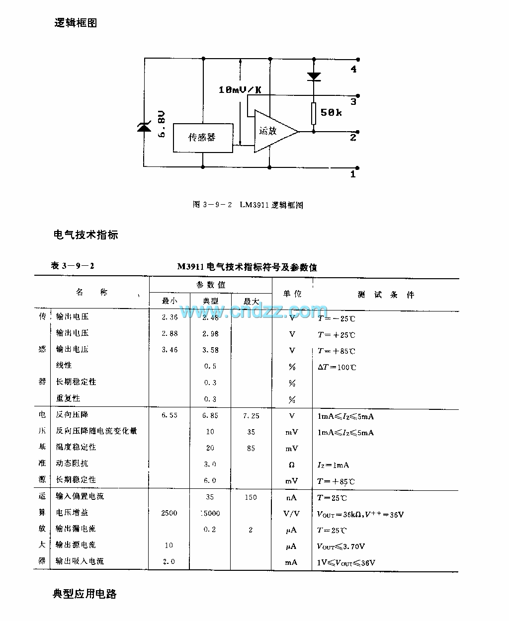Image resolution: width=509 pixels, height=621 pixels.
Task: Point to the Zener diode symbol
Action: [144, 127]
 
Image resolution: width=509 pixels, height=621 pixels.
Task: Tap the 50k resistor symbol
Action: [314, 113]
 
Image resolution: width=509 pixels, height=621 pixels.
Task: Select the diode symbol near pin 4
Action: [314, 77]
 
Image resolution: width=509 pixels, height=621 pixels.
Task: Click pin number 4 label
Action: [353, 70]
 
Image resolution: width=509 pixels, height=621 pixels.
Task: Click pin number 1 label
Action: [353, 174]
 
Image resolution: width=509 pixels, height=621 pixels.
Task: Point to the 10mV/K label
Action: [240, 90]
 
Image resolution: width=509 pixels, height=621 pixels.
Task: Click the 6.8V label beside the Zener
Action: [162, 124]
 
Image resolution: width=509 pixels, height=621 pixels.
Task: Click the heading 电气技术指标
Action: [85, 235]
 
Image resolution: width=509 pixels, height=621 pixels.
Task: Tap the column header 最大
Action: [251, 301]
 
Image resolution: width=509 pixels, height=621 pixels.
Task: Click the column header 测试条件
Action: [386, 295]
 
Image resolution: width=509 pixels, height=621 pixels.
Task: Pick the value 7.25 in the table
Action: [251, 416]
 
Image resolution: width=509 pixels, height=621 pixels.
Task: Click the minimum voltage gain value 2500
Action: [169, 513]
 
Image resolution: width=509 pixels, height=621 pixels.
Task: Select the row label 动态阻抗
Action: [72, 464]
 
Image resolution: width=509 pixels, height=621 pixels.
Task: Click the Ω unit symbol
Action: [292, 465]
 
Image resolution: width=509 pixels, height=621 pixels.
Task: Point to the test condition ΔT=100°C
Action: [337, 368]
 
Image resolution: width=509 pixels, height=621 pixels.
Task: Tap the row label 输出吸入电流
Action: [80, 561]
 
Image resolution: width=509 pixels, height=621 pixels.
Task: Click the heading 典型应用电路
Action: [85, 594]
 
